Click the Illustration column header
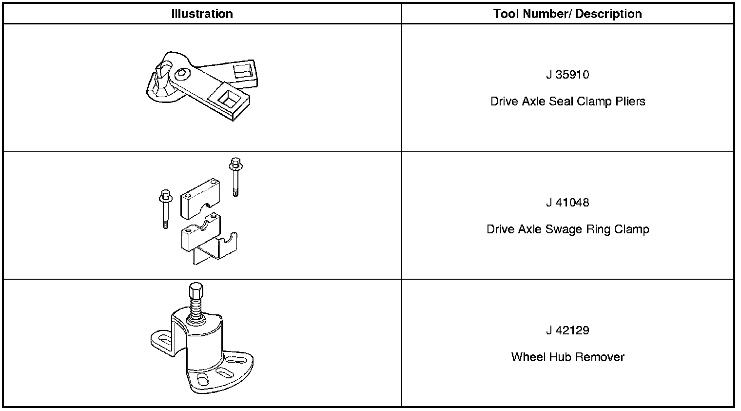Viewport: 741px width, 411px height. [202, 14]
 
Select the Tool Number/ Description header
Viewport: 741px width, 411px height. [567, 14]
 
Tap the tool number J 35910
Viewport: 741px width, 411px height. [567, 75]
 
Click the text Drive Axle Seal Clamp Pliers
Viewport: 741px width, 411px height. [567, 102]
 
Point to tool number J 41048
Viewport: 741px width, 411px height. [567, 203]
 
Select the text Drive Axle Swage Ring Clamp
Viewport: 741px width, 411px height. [567, 229]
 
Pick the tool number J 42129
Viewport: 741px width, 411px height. [567, 330]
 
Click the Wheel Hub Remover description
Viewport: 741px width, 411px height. [567, 357]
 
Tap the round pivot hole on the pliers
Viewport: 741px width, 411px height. [181, 73]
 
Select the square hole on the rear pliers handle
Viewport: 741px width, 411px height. [242, 71]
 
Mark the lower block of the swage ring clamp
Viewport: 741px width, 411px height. [200, 234]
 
